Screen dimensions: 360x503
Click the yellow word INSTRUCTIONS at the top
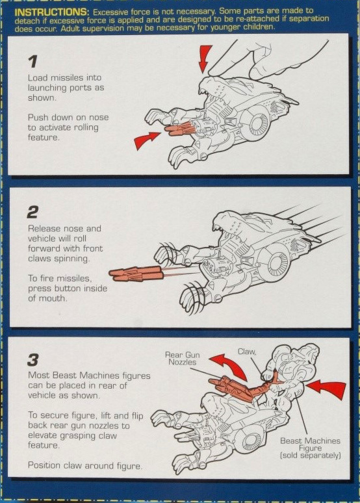pos(51,12)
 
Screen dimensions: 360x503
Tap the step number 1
pos(32,62)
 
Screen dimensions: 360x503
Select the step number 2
pos(32,213)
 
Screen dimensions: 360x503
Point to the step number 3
pos(33,360)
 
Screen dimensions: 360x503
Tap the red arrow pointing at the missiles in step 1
pos(146,140)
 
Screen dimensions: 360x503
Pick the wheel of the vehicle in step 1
pos(256,122)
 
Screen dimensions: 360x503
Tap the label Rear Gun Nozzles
pos(182,358)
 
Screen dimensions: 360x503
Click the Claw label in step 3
pos(247,352)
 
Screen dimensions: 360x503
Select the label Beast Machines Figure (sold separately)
pos(310,448)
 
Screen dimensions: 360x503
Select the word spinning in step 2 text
pos(72,259)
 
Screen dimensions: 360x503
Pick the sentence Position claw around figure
pos(85,466)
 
